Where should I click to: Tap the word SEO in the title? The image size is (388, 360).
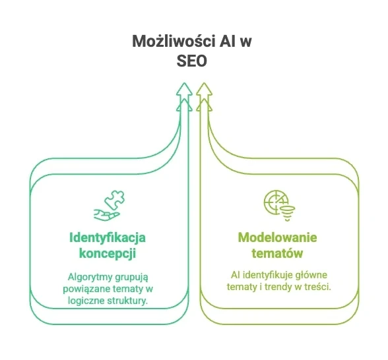pos(192,61)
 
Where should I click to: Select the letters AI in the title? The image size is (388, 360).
pos(228,41)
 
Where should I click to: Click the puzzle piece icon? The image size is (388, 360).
pos(115,200)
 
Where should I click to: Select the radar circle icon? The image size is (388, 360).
pos(275,202)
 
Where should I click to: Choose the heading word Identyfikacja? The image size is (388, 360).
pos(108,238)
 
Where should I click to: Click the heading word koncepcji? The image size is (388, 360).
pos(108,253)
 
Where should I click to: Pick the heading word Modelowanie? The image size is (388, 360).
pos(277,237)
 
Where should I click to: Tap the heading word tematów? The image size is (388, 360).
pos(277,253)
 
